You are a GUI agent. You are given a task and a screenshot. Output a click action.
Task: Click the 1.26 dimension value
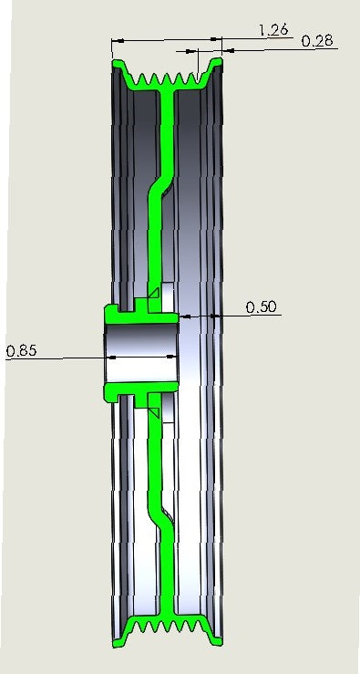[x=273, y=29]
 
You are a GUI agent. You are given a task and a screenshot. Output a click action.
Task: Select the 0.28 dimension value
[x=316, y=41]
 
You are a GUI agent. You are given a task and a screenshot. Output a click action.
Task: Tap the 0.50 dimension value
[x=262, y=307]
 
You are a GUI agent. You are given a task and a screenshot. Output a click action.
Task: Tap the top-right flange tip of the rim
[x=218, y=62]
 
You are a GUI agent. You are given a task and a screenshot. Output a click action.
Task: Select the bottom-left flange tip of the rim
[x=117, y=642]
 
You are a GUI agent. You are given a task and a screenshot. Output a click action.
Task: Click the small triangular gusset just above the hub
[x=154, y=294]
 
